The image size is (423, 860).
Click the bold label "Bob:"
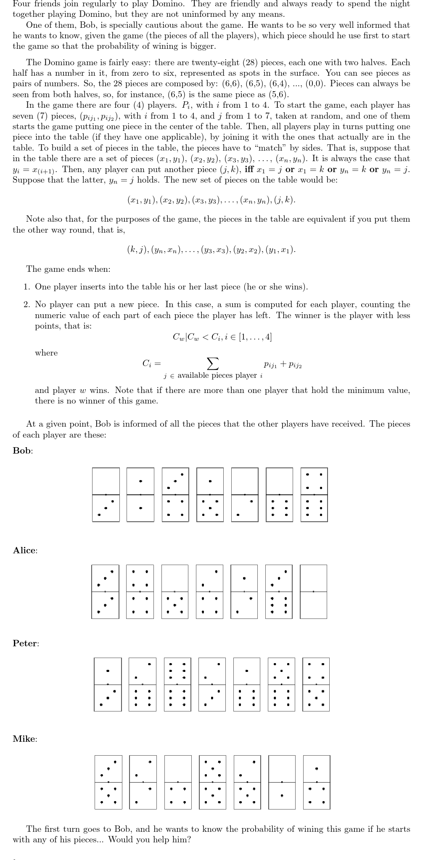pyautogui.click(x=23, y=451)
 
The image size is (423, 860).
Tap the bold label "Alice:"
pyautogui.click(x=25, y=550)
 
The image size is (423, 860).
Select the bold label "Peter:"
pyautogui.click(x=26, y=643)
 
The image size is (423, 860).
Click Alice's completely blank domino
pyautogui.click(x=313, y=592)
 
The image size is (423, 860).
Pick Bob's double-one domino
pyautogui.click(x=140, y=495)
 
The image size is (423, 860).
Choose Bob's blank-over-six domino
pyautogui.click(x=279, y=495)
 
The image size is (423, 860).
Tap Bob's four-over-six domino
pyautogui.click(x=314, y=495)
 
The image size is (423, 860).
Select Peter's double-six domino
pyautogui.click(x=177, y=685)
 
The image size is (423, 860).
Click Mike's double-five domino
pyautogui.click(x=212, y=782)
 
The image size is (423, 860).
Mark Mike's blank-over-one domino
pyautogui.click(x=282, y=782)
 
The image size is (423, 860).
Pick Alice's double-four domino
pyautogui.click(x=140, y=592)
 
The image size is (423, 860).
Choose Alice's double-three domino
pyautogui.click(x=105, y=592)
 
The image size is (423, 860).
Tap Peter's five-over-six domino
pyautogui.click(x=281, y=685)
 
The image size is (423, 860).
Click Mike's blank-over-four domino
pyautogui.click(x=178, y=782)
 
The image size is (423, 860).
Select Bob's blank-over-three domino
pyautogui.click(x=106, y=495)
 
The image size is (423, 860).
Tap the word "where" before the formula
pyautogui.click(x=46, y=353)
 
